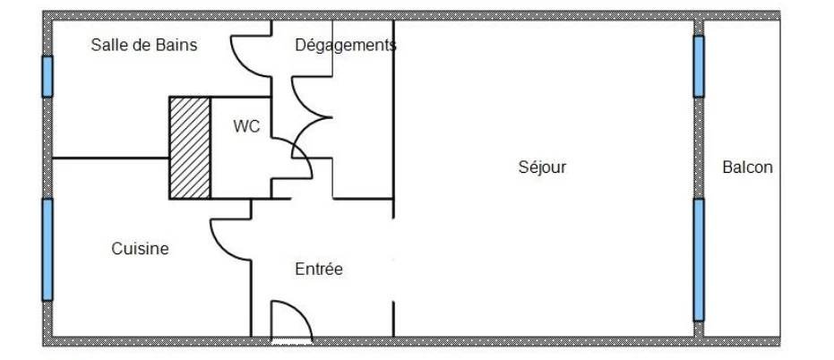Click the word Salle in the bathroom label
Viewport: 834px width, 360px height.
[x=108, y=45]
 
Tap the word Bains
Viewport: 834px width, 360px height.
[x=177, y=45]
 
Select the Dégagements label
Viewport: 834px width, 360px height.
[x=346, y=46]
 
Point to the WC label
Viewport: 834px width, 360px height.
[x=247, y=126]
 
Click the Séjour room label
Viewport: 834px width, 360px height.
[x=542, y=167]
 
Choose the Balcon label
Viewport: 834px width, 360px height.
[x=747, y=167]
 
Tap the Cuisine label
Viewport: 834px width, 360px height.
[x=140, y=248]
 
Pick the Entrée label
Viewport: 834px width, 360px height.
[x=319, y=269]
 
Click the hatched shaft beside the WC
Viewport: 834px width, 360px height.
[x=190, y=148]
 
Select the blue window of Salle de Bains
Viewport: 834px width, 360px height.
[x=47, y=77]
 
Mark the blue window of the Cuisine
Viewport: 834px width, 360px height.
[x=47, y=249]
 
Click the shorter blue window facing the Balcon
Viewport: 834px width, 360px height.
[x=699, y=66]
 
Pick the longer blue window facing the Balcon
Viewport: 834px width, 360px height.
[x=699, y=260]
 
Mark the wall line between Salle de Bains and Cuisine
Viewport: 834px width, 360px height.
[x=111, y=158]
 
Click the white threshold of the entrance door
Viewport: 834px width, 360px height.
[x=292, y=341]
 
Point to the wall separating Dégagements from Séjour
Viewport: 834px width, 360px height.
[x=393, y=118]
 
